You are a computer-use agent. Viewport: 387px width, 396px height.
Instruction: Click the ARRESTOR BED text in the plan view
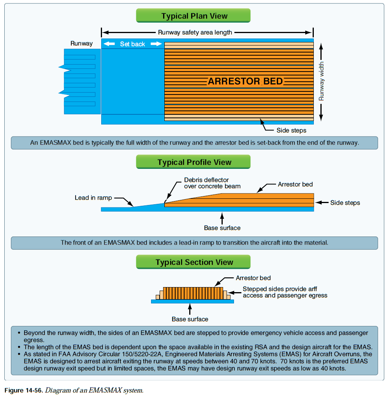(245, 81)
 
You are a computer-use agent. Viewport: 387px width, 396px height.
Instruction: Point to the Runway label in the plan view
(81, 43)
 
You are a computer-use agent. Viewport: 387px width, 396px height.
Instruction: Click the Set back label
(132, 44)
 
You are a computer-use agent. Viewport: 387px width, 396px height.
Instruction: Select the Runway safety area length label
(195, 32)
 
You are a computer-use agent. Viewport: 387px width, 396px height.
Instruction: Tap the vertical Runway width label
(322, 81)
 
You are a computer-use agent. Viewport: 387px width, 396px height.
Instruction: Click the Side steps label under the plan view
(291, 130)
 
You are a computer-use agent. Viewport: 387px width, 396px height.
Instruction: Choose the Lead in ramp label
(93, 198)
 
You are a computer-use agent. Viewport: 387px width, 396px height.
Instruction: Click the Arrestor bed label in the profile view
(295, 184)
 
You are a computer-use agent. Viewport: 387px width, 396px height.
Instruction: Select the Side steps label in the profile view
(345, 203)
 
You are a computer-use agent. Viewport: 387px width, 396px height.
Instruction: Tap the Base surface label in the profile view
(222, 228)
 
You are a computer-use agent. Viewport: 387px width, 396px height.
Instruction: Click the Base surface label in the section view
(190, 319)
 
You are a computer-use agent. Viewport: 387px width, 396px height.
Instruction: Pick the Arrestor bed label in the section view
(253, 278)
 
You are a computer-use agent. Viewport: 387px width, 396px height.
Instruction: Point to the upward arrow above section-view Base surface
(190, 309)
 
